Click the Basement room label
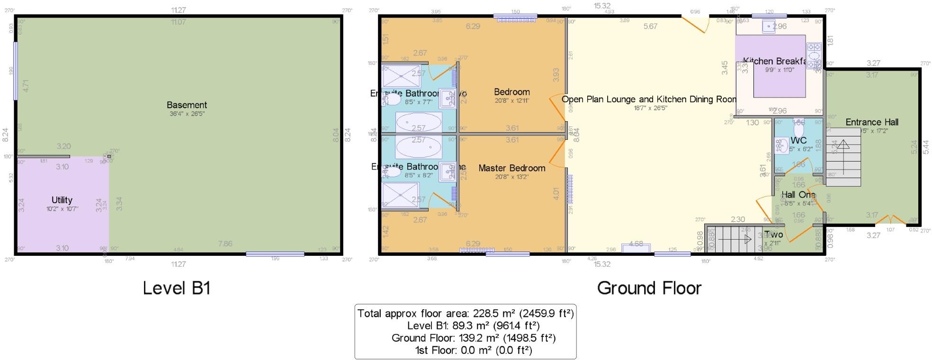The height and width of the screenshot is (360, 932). (x=187, y=105)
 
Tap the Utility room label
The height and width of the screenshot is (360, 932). (x=62, y=200)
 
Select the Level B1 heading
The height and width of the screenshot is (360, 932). (x=177, y=288)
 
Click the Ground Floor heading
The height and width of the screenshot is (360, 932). (x=649, y=288)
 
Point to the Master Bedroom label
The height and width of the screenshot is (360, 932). (x=511, y=168)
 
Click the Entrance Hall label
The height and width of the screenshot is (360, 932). (x=872, y=122)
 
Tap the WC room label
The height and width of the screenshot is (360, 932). (x=798, y=141)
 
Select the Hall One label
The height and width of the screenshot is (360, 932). (x=798, y=195)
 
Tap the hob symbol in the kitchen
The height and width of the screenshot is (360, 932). (x=814, y=55)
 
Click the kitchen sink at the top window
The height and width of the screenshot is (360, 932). (x=769, y=27)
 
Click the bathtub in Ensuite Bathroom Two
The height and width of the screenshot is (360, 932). (x=419, y=121)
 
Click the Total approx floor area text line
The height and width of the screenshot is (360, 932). (x=466, y=314)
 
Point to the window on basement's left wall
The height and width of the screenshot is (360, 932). (x=16, y=71)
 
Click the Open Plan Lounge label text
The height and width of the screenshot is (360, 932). (x=649, y=99)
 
